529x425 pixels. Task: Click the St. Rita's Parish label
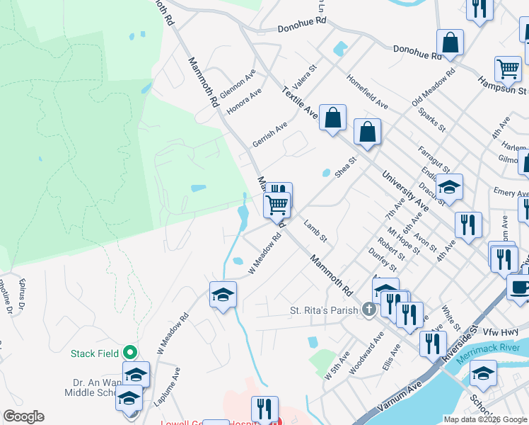[x=325, y=310]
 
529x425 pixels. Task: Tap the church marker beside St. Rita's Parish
[x=368, y=310]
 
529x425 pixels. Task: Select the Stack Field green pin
[x=129, y=352]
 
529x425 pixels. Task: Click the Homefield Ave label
[x=367, y=91]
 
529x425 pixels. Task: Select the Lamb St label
[x=315, y=232]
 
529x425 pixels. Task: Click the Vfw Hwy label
[x=500, y=331]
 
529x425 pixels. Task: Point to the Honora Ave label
[x=244, y=101]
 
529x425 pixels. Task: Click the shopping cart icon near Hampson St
[x=507, y=68]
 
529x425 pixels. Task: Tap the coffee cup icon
[x=518, y=287]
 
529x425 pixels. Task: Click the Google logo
[x=23, y=416]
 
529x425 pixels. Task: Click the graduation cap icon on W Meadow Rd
[x=223, y=295]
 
